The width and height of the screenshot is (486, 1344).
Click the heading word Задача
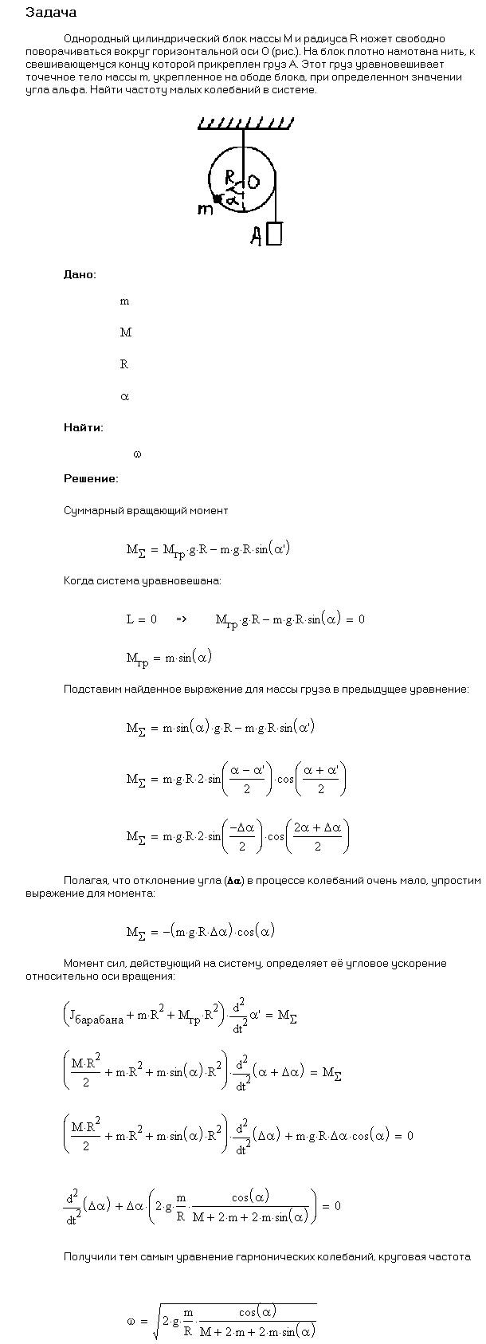52,13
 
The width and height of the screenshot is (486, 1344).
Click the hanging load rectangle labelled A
274,233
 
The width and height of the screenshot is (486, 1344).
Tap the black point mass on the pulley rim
217,199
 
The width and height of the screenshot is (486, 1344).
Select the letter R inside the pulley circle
229,176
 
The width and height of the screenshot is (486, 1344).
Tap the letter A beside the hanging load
256,235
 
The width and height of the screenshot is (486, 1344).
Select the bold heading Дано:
80,274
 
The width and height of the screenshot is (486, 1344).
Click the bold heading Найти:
83,427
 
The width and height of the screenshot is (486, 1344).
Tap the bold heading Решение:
91,478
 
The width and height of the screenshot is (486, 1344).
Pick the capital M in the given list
125,332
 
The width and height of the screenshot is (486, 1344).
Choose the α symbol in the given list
124,396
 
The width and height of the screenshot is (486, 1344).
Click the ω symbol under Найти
137,454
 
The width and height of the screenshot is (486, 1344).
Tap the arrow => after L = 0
181,619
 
